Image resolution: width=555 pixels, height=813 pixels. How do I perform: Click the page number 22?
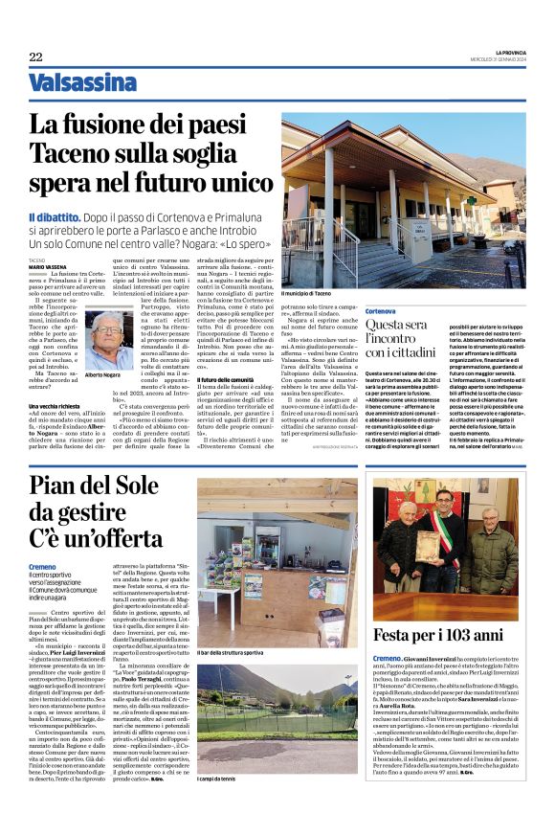click(35, 57)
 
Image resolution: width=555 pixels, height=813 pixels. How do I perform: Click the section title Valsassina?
click(81, 83)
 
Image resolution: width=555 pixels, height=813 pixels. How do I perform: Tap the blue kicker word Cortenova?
click(380, 311)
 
